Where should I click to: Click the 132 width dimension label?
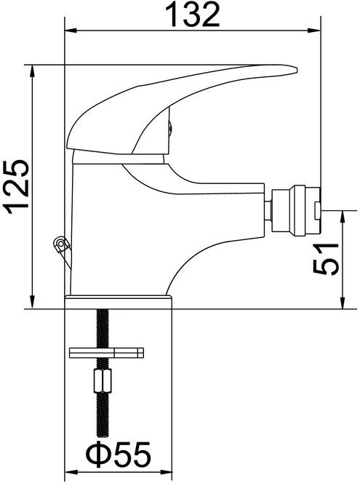(193, 14)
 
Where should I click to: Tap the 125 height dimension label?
(17, 187)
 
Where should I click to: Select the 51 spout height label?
(326, 259)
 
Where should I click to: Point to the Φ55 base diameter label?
(119, 453)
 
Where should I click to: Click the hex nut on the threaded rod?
(103, 380)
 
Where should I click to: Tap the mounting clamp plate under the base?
(107, 353)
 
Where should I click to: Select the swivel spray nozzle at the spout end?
(296, 211)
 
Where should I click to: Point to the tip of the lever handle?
(296, 69)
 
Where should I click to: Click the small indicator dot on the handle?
(169, 127)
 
